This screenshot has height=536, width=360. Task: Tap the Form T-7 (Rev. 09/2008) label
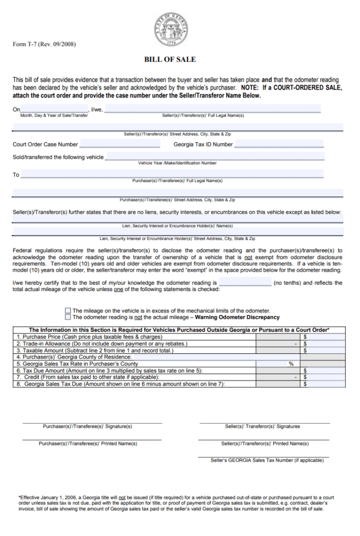(44, 44)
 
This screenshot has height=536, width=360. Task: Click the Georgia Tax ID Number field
(279, 144)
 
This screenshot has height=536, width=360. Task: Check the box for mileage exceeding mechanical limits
(68, 310)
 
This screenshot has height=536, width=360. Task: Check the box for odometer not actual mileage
(68, 317)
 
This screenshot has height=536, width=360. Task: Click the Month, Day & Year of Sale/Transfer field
(54, 109)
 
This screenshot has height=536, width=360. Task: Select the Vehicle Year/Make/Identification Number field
(215, 157)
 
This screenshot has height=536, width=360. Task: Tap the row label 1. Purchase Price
(89, 337)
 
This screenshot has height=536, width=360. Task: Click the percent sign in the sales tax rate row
(290, 364)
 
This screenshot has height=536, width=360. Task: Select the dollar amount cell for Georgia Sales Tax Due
(323, 384)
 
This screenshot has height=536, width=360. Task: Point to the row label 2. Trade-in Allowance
(102, 344)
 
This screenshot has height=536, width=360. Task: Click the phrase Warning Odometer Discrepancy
(237, 317)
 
